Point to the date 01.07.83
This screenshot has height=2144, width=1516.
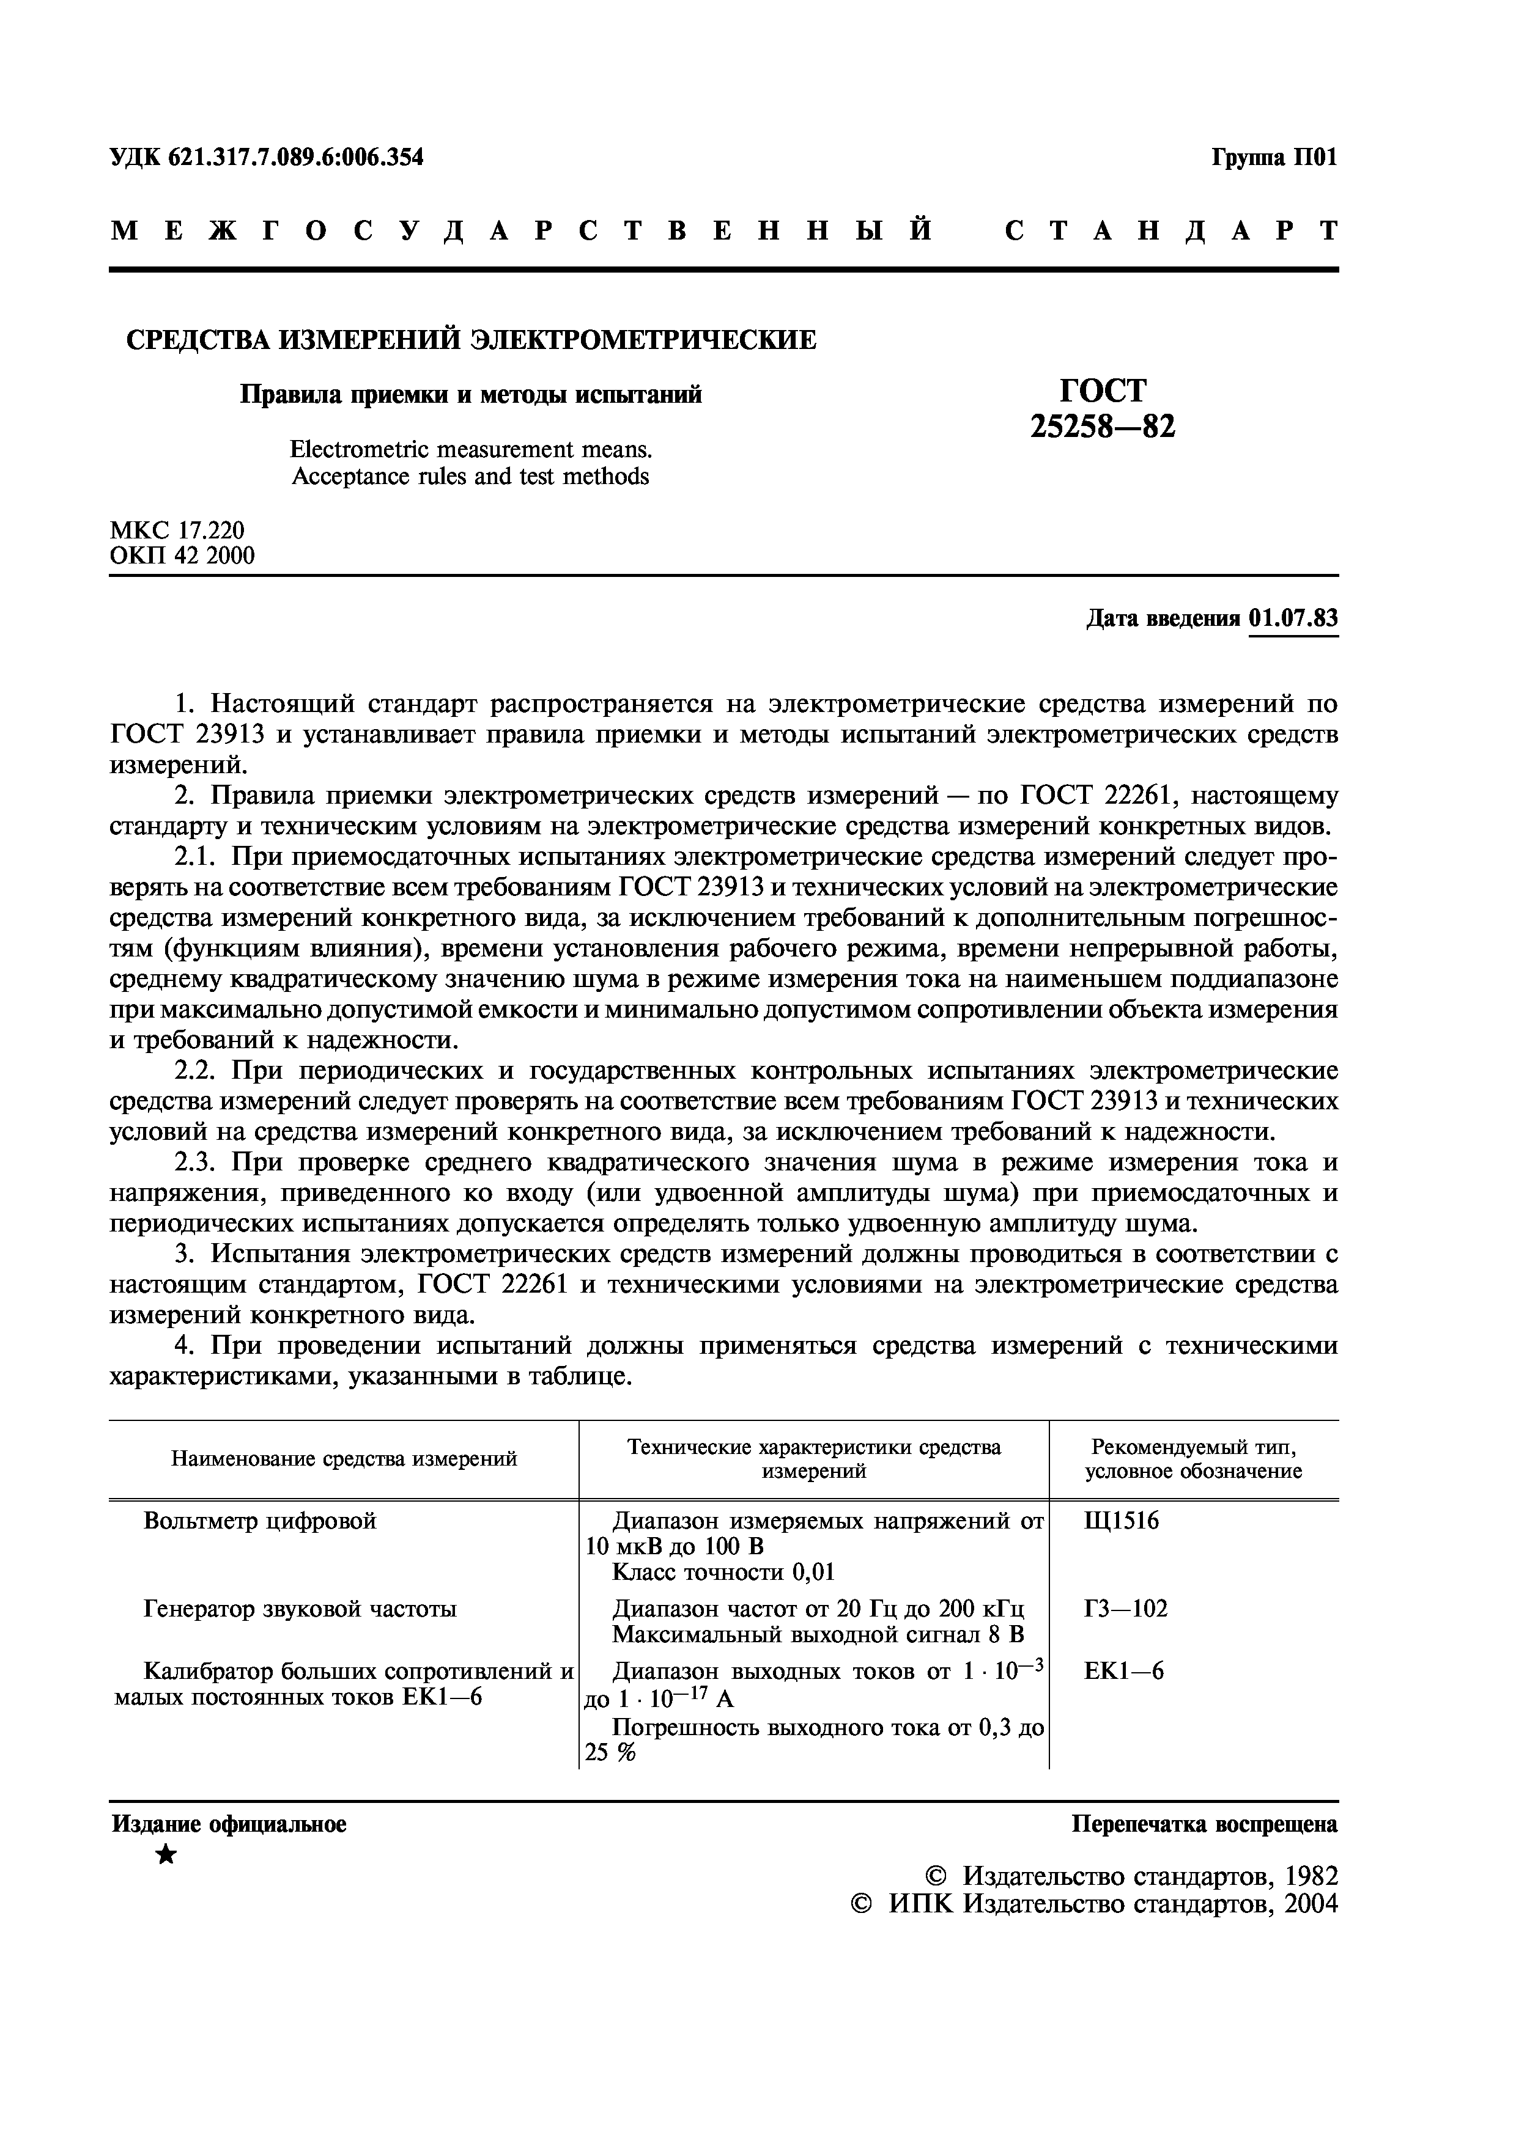[x=1293, y=618]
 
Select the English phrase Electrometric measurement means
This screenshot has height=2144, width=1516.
[x=471, y=450]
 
